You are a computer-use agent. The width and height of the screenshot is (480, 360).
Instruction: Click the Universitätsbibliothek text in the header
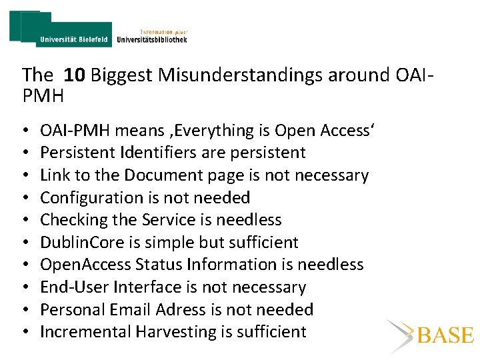pos(151,39)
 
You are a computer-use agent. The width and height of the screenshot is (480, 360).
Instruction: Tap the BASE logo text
pos(444,335)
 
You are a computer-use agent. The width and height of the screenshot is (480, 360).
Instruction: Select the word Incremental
pos(86,332)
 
